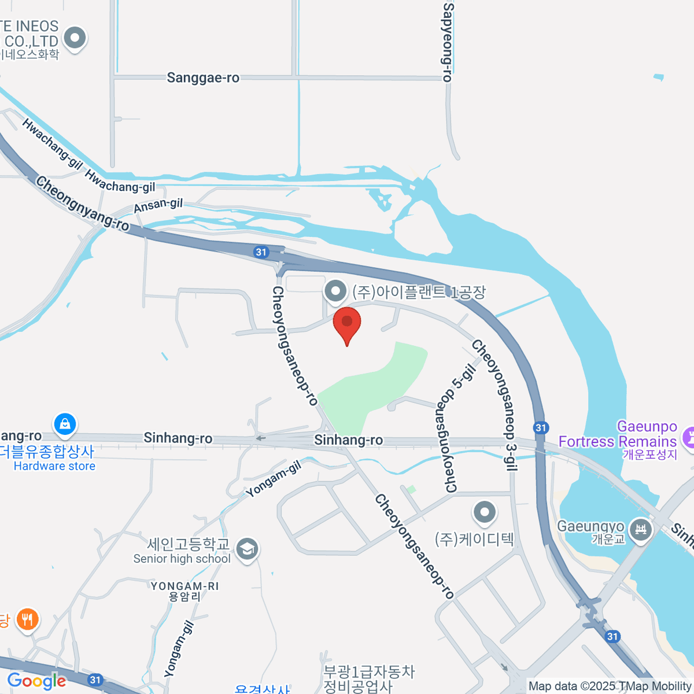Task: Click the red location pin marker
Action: click(x=347, y=324)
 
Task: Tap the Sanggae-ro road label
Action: click(x=203, y=77)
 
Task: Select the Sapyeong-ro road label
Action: click(x=448, y=42)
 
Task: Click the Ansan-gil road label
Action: click(x=158, y=205)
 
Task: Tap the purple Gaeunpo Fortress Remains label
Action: click(x=618, y=441)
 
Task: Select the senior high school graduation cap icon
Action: click(x=247, y=549)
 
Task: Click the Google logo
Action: click(x=36, y=681)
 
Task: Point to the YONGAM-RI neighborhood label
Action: click(x=185, y=591)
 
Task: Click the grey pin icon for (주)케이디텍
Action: click(x=484, y=512)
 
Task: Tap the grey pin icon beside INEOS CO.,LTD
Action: click(x=75, y=39)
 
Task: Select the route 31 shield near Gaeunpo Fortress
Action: click(x=541, y=427)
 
